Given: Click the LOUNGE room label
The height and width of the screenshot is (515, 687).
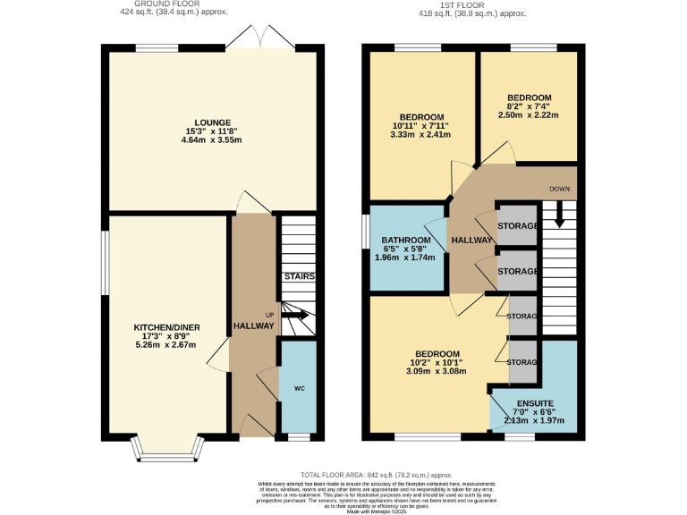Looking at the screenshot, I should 214,122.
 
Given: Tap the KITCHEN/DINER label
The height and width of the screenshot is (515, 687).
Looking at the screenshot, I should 164,327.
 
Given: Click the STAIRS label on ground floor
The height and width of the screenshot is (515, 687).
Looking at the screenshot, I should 299,276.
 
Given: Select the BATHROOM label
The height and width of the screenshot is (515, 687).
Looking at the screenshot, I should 408,241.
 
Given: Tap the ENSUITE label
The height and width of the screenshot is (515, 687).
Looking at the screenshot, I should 535,404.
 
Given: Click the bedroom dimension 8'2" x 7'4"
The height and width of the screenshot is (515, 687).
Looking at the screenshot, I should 530,106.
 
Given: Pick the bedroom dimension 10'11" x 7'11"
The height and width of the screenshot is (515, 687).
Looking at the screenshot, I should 420,126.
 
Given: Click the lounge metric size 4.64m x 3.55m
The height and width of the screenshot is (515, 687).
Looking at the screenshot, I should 214,140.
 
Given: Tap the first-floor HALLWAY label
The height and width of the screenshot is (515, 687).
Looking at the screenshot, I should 471,241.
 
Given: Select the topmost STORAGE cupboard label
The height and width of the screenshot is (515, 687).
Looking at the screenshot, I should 517,225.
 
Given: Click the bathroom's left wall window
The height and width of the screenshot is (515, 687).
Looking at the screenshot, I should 365,231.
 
